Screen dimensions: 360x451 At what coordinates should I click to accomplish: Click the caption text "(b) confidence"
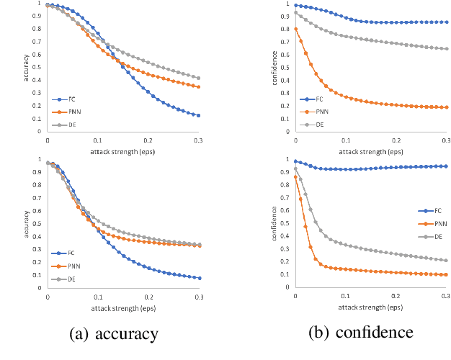[x=362, y=333]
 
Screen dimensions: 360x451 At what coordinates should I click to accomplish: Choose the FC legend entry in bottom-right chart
[x=434, y=211]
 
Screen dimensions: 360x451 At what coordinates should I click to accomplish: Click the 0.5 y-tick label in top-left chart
[x=38, y=68]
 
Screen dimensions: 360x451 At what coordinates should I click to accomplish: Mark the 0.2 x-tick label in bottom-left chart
[x=148, y=294]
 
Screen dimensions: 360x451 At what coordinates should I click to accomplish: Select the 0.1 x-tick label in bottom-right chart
[x=345, y=294]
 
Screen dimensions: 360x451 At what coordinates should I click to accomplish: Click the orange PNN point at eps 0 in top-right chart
[x=295, y=30]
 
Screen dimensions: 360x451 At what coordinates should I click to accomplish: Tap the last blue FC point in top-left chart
[x=198, y=115]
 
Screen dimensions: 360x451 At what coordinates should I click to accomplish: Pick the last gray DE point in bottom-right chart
[x=447, y=261]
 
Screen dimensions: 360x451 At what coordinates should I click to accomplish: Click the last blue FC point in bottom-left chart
[x=198, y=278]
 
